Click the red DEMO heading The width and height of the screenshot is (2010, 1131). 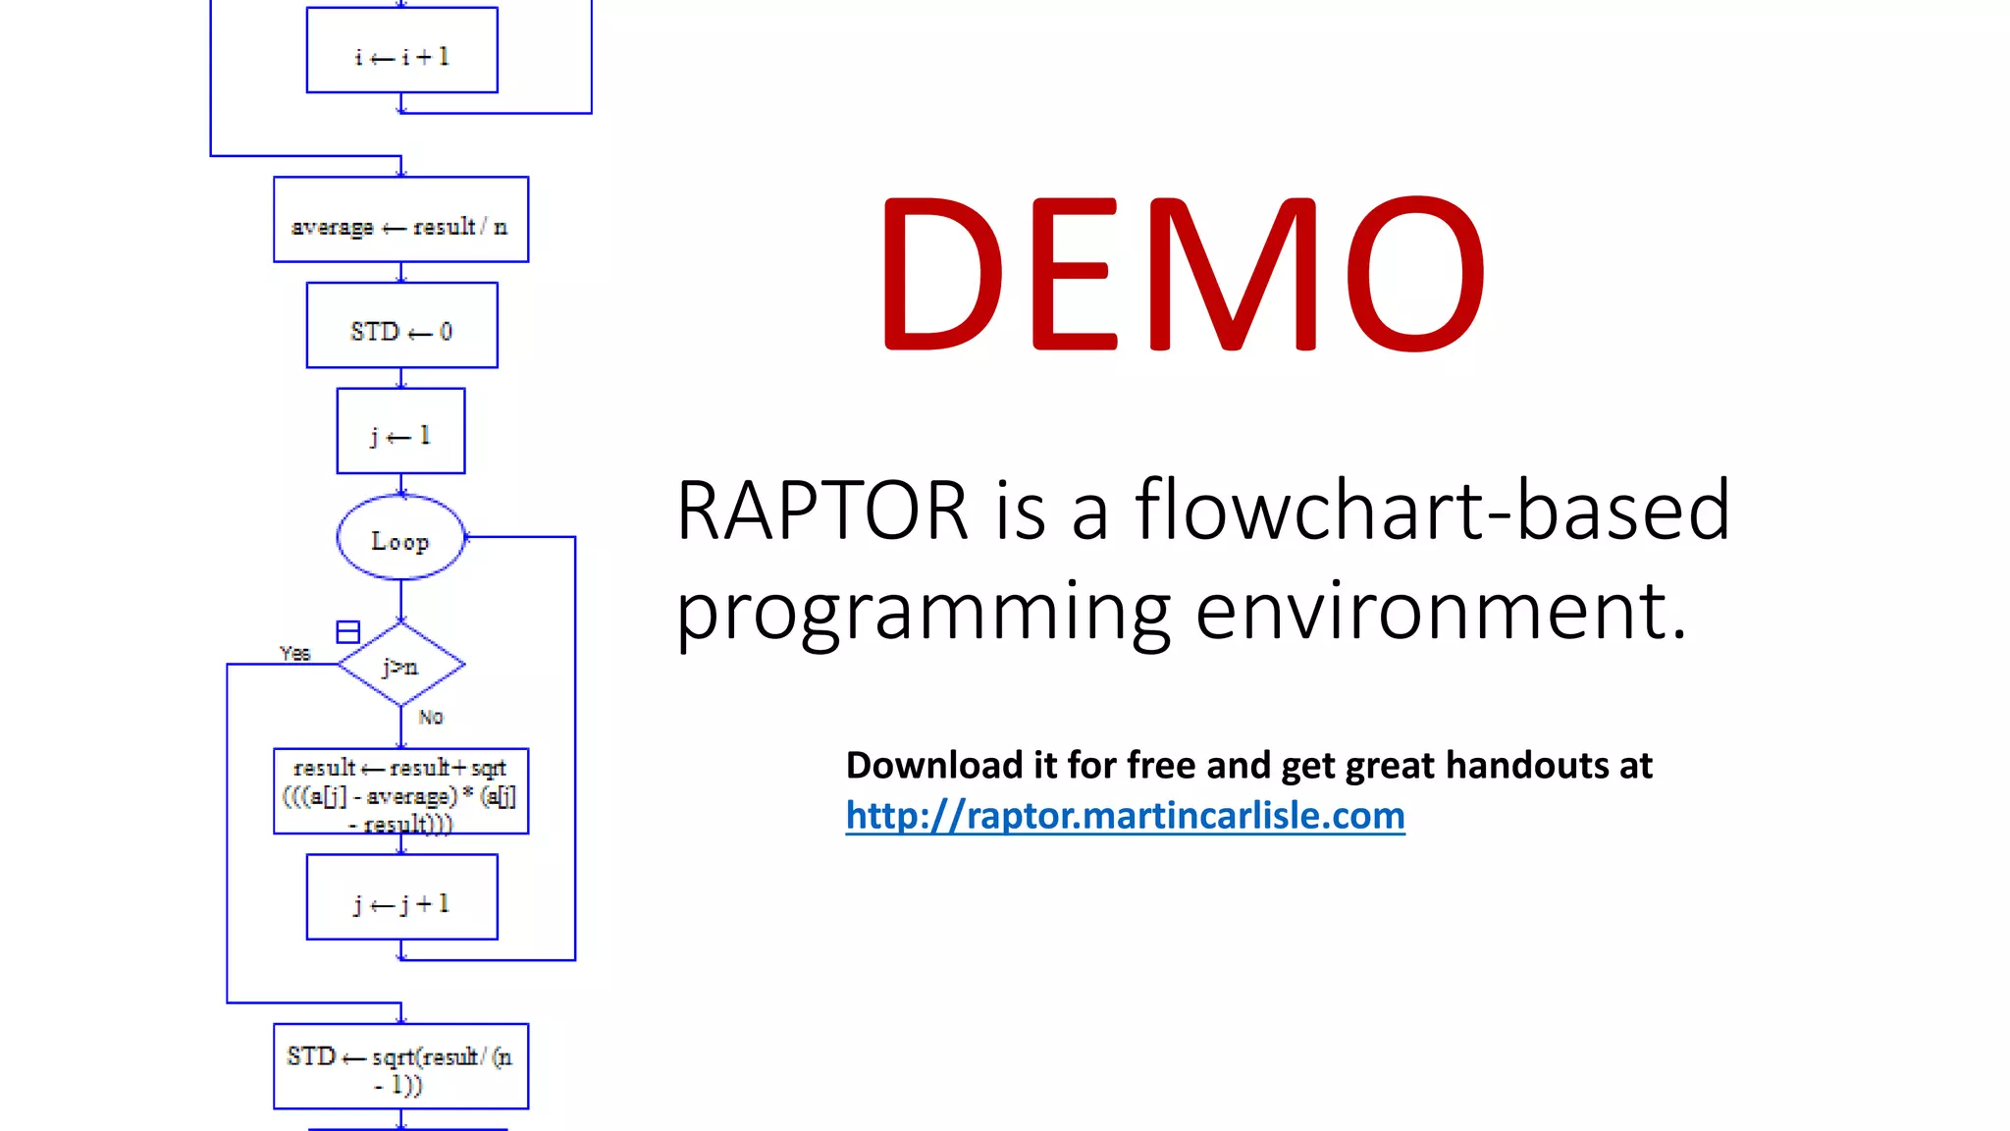[x=1182, y=274]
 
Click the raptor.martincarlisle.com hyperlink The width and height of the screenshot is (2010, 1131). [x=1125, y=816]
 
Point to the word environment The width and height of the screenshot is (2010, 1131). [x=1441, y=611]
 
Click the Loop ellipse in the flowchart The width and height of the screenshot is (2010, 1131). [x=400, y=538]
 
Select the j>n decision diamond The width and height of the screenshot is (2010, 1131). [x=400, y=666]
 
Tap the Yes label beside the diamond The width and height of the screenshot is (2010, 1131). [x=294, y=654]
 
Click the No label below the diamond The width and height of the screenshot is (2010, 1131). [x=431, y=718]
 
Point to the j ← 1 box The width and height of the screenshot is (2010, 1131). [x=400, y=432]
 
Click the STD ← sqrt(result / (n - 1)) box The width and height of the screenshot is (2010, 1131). [x=400, y=1067]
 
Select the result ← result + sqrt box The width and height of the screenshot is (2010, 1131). [x=400, y=792]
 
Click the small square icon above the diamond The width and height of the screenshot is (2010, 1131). [x=347, y=631]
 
